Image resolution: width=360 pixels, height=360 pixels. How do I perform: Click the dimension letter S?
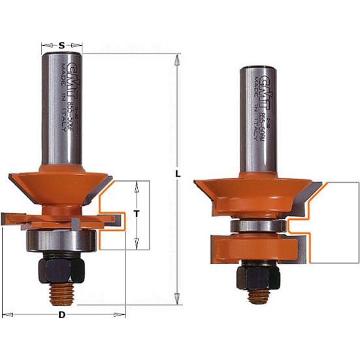point(61,45)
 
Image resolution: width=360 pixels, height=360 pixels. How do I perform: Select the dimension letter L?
point(178,175)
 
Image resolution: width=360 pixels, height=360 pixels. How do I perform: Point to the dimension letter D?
point(62,315)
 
